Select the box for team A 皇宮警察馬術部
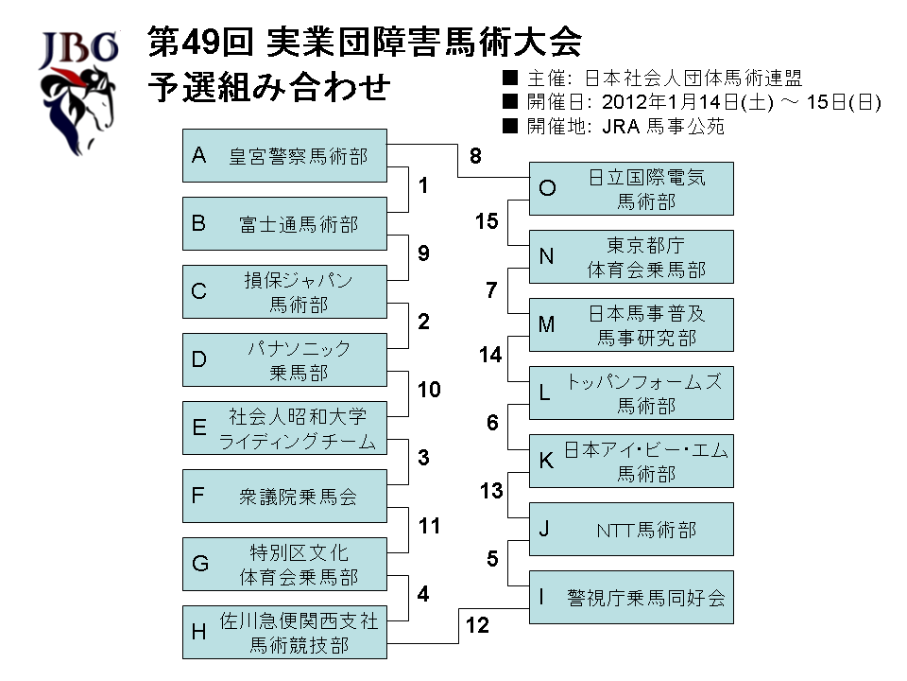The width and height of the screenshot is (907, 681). coord(284,155)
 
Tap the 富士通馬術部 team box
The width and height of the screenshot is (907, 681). coord(284,223)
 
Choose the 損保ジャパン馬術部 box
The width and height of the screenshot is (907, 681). coord(284,291)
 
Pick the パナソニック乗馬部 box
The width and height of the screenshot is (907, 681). coord(284,359)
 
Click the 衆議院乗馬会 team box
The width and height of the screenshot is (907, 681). coord(284,496)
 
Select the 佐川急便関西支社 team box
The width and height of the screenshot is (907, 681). coord(284,632)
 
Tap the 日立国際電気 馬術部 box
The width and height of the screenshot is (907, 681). coord(631,189)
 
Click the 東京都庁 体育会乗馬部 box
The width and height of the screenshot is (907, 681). coord(631,257)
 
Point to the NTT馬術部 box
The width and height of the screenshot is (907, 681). coord(631,529)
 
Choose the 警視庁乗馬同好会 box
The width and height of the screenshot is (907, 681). coord(631,597)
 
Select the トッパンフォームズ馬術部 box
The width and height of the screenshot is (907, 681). coord(631,393)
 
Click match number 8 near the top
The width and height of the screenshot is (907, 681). coord(475,156)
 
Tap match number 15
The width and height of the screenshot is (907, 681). coord(487,222)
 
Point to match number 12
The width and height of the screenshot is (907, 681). coord(477,625)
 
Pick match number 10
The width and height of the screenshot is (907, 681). coord(429,390)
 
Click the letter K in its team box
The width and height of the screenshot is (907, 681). coord(546,462)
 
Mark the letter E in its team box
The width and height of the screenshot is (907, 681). coord(199,428)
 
